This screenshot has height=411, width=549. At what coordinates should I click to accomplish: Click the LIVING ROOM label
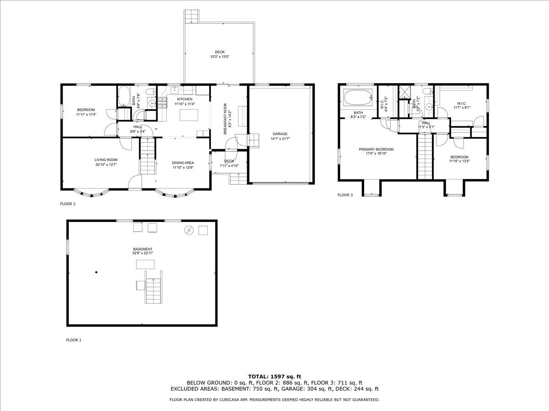click(106, 162)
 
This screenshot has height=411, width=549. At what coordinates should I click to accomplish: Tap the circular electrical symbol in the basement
click(188, 230)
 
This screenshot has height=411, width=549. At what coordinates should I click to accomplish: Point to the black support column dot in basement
click(97, 273)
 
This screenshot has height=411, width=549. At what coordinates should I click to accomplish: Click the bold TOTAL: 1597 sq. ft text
click(274, 376)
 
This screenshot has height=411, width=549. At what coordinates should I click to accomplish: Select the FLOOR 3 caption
click(345, 195)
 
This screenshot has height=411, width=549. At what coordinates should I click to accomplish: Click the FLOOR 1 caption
click(74, 340)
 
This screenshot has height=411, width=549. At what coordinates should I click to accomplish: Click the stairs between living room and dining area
click(147, 157)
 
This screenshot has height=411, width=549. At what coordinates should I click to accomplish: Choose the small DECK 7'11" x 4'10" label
click(229, 163)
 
